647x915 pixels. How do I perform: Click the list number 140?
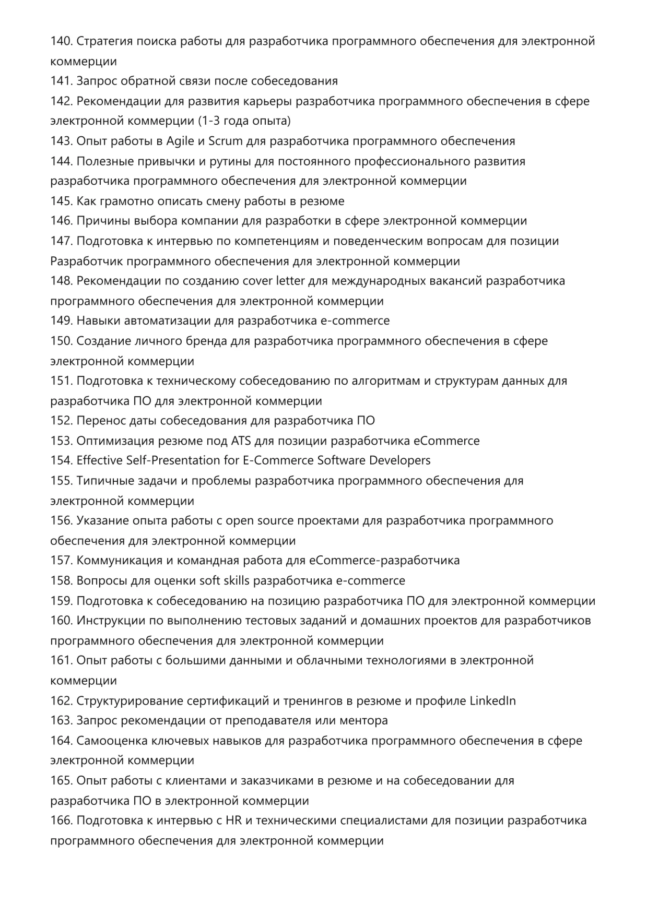[61, 41]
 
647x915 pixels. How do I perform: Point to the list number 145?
[61, 201]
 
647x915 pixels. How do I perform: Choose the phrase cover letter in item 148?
[273, 281]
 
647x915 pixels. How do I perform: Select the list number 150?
[61, 341]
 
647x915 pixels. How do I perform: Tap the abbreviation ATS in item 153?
[241, 441]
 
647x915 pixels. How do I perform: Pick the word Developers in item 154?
[399, 461]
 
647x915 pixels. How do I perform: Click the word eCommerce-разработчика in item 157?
[384, 561]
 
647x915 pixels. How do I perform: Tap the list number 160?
[61, 621]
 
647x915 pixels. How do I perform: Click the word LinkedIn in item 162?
[492, 701]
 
